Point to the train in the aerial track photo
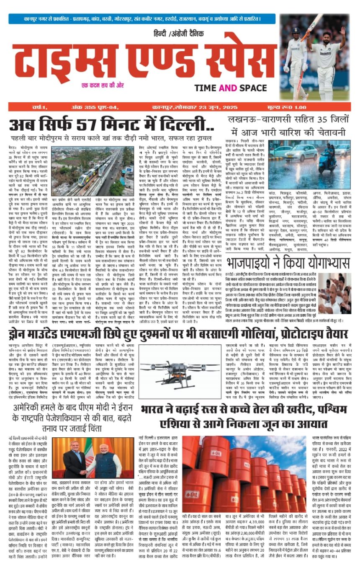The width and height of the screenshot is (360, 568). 90,176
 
